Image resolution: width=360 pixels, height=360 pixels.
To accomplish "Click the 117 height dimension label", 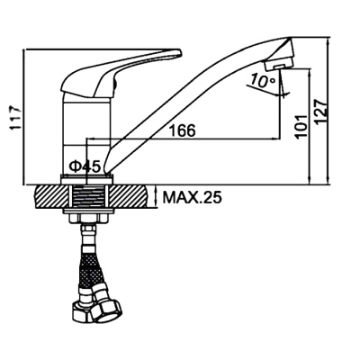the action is pos(15,118).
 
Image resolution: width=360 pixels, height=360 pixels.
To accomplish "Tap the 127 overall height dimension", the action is pos(320,111).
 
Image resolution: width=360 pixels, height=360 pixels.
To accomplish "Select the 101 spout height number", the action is pos(301,126).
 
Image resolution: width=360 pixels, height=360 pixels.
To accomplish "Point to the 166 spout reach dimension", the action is pos(182,130).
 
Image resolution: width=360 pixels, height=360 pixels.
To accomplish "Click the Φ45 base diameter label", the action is pos(85,166).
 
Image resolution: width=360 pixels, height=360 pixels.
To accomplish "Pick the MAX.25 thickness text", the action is pos(192,197).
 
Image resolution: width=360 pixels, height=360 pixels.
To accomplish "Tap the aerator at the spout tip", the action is pos(278,64).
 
